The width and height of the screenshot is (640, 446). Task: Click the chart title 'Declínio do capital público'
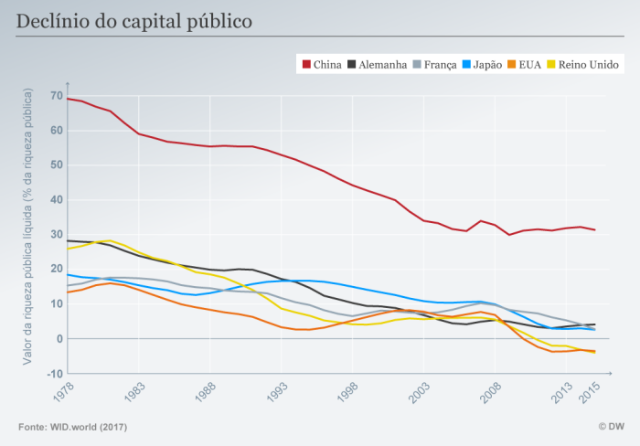point(134,20)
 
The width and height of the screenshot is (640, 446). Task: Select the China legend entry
point(321,64)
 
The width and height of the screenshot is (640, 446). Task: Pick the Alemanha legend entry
point(376,64)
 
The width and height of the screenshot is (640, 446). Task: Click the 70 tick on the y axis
point(57,95)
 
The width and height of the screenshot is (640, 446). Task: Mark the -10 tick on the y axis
point(55,374)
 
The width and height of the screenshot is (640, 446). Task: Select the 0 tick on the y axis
point(59,339)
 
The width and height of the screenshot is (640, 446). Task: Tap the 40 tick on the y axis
point(57,199)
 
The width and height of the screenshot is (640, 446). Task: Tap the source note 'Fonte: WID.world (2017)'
point(72,427)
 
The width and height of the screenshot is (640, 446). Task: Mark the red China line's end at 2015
point(595,229)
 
